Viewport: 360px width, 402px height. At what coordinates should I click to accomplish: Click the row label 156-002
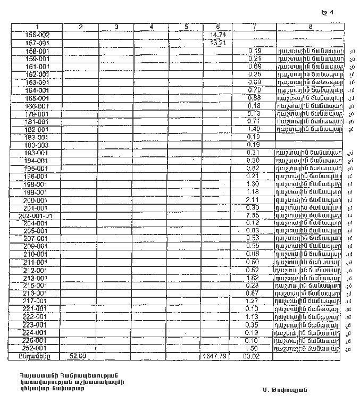[37, 35]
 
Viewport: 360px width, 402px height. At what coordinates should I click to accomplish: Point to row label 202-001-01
[36, 216]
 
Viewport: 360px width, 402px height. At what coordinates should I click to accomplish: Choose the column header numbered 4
[151, 27]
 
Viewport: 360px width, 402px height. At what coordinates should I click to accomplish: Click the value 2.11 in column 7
[253, 200]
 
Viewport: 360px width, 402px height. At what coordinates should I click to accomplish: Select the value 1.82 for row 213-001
[253, 278]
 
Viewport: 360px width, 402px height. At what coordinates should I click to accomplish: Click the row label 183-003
[37, 145]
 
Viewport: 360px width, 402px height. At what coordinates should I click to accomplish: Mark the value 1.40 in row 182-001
[253, 129]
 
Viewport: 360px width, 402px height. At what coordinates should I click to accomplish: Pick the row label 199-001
[37, 192]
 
